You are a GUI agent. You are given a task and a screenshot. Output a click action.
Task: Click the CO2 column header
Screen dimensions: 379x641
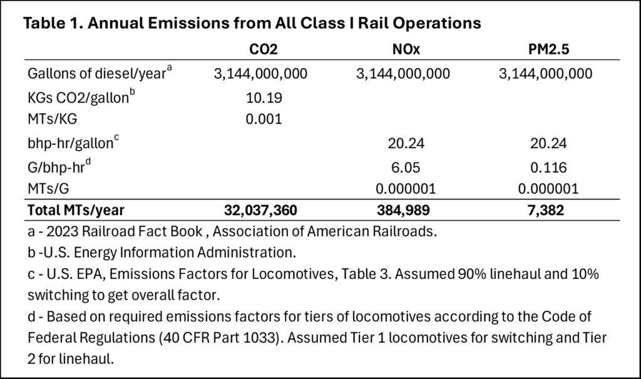pos(261,49)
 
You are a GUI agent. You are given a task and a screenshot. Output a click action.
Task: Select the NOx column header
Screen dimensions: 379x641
pos(403,49)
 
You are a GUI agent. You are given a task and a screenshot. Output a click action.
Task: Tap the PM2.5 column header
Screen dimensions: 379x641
pos(545,49)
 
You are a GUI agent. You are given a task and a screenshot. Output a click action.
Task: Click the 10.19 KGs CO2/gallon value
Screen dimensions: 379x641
pos(261,98)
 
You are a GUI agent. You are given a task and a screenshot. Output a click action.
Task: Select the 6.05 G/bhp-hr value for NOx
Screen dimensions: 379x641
pos(403,167)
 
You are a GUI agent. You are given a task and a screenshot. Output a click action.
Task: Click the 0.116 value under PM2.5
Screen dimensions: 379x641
pos(545,167)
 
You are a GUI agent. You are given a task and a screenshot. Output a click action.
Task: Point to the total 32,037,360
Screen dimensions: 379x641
pos(261,211)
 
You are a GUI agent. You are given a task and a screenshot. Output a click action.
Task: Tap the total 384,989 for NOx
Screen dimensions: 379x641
pos(403,211)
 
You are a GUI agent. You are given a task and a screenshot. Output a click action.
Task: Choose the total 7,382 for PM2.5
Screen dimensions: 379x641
pos(545,211)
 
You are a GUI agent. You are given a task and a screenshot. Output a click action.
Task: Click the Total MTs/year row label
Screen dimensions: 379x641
pos(77,211)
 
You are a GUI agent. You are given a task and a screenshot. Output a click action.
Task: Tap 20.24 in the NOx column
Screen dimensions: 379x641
pos(403,144)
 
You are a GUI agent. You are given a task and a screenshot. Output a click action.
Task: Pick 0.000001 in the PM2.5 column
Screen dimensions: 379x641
pos(545,188)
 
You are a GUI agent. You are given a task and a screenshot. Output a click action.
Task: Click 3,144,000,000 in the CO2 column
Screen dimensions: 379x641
pos(261,74)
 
